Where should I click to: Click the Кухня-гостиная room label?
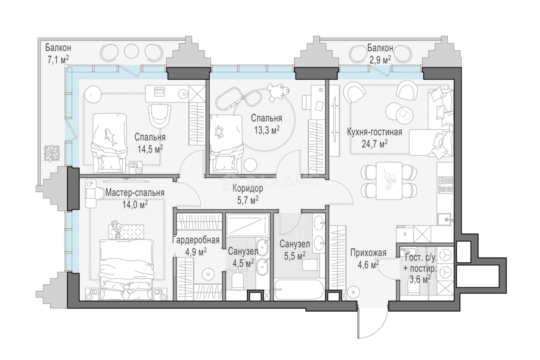[x=374, y=132]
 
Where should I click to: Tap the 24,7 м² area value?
[x=374, y=144]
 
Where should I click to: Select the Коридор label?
[x=248, y=188]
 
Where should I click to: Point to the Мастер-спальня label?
[x=135, y=192]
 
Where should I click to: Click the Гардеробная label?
[x=196, y=240]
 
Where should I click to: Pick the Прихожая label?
[x=368, y=253]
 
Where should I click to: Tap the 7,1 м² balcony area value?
[x=58, y=59]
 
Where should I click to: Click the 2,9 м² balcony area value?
[x=380, y=59]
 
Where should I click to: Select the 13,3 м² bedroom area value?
[x=267, y=130]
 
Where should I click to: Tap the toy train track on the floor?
[x=239, y=99]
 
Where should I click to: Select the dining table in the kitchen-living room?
[x=389, y=180]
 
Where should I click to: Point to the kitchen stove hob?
[x=446, y=185]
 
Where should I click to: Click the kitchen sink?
[x=444, y=219]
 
